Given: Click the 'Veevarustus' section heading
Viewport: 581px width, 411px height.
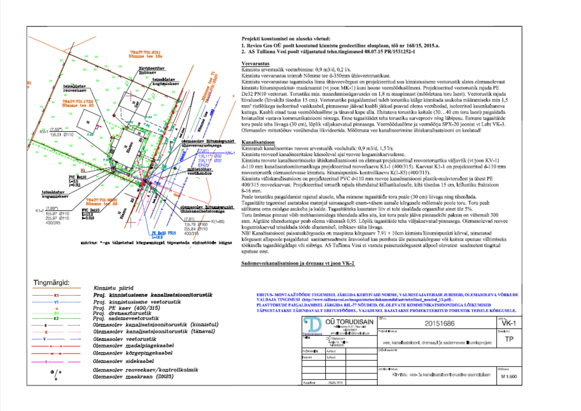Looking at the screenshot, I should [255, 64].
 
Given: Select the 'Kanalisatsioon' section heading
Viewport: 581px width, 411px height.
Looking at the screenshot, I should [258, 142].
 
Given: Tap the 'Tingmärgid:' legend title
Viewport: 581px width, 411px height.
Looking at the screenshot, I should [51, 283].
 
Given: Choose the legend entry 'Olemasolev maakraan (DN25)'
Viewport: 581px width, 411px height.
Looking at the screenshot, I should [133, 377].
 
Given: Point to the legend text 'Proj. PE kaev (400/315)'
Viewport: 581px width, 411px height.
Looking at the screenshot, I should [127, 308].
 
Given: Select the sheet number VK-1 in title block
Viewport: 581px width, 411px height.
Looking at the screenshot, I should [509, 323].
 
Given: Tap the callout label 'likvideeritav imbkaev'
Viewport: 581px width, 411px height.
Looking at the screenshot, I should [152, 70].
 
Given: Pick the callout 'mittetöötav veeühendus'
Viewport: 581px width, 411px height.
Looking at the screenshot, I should [199, 171].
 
